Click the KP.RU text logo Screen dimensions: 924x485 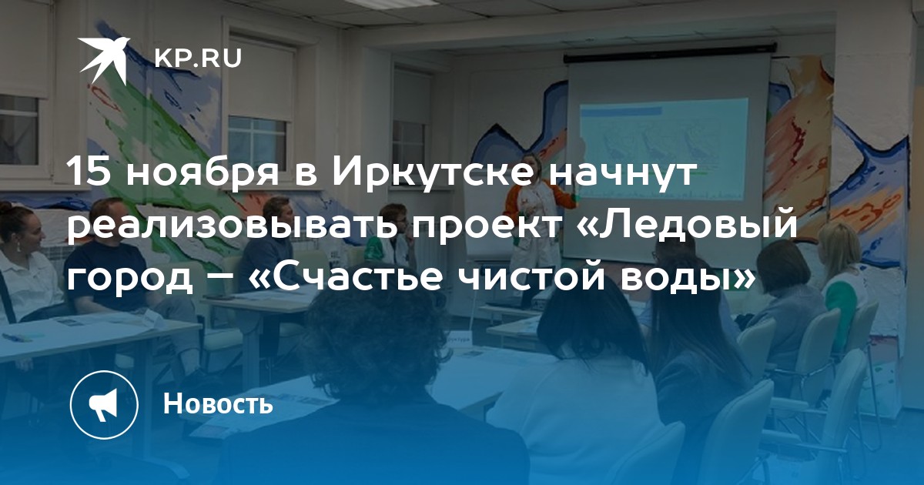pyautogui.click(x=198, y=59)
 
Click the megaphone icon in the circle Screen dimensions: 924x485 pyautogui.click(x=104, y=405)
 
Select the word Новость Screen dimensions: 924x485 pyautogui.click(x=218, y=403)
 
